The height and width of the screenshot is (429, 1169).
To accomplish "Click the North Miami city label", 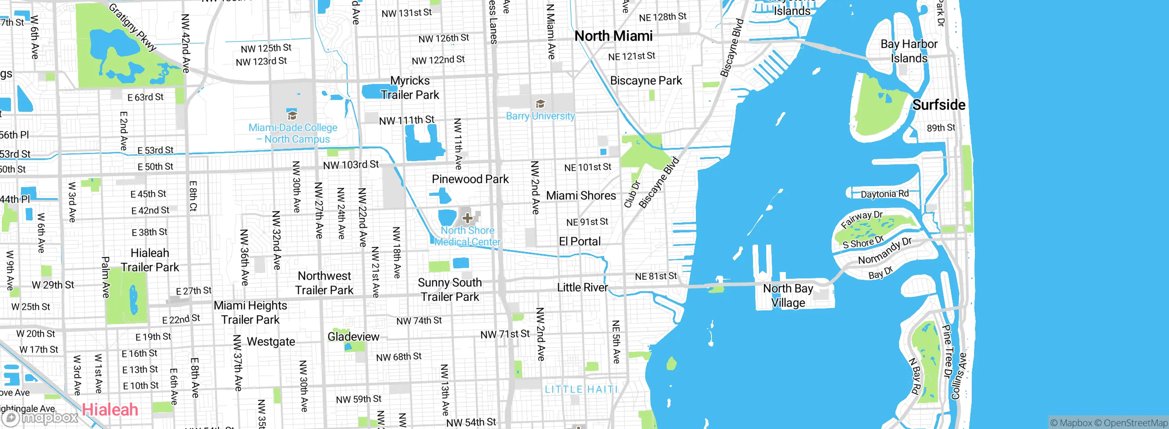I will (613, 36).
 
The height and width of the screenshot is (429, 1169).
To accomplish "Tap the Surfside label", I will (938, 105).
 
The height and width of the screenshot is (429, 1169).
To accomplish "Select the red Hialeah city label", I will (110, 409).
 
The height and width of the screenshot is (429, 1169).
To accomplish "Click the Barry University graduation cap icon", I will (540, 104).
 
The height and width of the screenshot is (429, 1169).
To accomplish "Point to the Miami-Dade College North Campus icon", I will (292, 115).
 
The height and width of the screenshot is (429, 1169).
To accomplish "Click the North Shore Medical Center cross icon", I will (467, 218).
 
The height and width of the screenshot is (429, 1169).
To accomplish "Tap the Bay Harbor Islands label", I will (909, 51).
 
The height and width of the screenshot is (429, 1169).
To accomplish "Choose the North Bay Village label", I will (788, 296).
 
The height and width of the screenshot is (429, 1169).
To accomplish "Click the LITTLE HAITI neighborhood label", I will (581, 389).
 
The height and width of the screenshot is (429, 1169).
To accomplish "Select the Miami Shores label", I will (581, 196).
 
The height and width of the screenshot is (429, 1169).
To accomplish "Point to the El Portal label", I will (579, 241).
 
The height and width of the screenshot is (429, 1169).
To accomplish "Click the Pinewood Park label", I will (470, 179).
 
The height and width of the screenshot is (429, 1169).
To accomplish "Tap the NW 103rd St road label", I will (351, 165).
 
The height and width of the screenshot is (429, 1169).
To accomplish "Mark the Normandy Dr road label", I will (885, 251).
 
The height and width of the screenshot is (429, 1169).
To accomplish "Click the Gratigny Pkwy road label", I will (133, 27).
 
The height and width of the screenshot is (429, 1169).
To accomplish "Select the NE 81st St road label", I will (656, 276).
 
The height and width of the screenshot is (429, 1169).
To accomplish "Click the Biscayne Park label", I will (646, 81).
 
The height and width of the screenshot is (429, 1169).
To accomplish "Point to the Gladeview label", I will (353, 337).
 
